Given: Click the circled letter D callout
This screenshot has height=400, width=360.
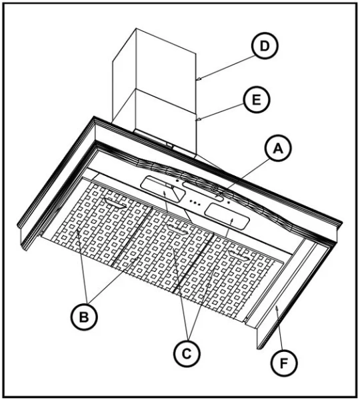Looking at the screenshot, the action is (x=265, y=45).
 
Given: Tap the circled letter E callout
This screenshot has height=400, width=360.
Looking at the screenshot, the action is (x=256, y=99).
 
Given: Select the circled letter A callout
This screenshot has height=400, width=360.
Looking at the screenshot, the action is (x=278, y=148).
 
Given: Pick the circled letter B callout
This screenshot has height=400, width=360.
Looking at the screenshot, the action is (x=84, y=317).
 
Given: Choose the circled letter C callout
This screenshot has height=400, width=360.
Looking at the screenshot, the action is (x=187, y=353).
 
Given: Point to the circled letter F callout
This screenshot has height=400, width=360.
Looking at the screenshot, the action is (x=283, y=363).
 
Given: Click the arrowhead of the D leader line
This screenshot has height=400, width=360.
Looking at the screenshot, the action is (x=199, y=79).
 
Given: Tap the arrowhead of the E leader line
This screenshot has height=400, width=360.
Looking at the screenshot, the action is (x=199, y=119).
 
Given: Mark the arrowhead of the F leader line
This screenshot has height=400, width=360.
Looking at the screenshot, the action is (x=277, y=308).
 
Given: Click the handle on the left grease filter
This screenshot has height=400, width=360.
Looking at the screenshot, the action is (x=115, y=203).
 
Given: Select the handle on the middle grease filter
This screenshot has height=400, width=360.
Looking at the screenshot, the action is (x=177, y=229).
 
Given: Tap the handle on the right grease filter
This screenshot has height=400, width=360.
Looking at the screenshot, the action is (x=239, y=256).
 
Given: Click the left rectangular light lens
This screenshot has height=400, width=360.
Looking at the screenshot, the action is (x=163, y=189).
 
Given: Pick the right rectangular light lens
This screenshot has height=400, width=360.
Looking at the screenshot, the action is (x=227, y=215).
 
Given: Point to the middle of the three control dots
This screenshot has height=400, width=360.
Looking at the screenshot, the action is (x=194, y=203).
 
